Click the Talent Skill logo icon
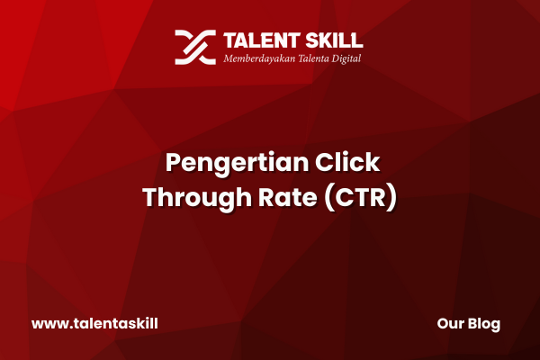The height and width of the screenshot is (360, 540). point(195,47)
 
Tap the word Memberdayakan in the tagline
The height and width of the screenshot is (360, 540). point(259,58)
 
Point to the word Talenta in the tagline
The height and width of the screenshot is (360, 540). point(313,58)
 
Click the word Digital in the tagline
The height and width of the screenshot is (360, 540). point(346,58)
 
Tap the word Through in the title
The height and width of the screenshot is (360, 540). point(197,197)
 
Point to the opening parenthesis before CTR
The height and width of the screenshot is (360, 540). point(328,197)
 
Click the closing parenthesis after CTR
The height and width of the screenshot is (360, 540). point(391,197)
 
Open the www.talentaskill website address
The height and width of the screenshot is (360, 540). point(94,324)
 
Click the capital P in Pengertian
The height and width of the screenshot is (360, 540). point(173,162)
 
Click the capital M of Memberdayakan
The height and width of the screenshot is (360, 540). point(229,58)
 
